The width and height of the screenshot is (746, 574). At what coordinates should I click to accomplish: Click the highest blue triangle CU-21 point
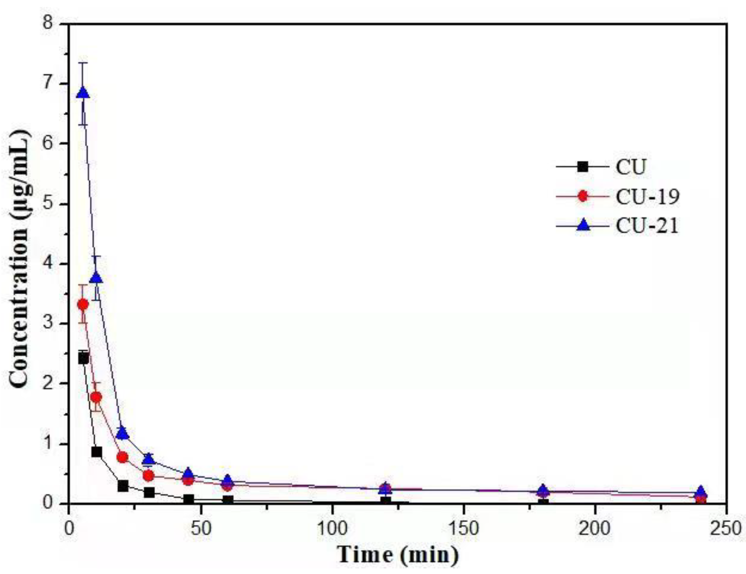(x=83, y=93)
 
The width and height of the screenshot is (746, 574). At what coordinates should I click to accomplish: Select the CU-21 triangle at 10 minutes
(x=96, y=278)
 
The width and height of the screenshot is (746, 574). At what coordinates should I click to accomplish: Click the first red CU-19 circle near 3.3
(x=83, y=304)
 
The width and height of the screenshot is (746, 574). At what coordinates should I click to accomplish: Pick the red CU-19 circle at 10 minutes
(x=96, y=397)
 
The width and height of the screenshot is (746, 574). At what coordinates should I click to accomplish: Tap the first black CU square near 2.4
(x=83, y=358)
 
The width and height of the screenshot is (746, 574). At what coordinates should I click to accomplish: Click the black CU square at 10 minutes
(x=96, y=452)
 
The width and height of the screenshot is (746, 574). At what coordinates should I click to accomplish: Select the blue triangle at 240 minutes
(x=701, y=492)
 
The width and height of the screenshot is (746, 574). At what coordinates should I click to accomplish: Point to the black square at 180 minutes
(x=543, y=503)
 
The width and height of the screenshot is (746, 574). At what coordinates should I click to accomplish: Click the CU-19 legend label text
(x=647, y=196)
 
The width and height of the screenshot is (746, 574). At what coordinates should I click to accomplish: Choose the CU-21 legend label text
(x=647, y=226)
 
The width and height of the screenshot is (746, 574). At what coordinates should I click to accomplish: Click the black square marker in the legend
(x=583, y=166)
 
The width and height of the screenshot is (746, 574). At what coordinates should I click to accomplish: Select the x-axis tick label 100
(x=332, y=527)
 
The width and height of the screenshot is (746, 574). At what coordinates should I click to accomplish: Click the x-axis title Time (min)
(x=398, y=554)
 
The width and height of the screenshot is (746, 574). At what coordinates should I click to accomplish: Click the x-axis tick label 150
(x=464, y=527)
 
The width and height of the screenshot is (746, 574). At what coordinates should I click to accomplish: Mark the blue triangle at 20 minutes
(x=123, y=433)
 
